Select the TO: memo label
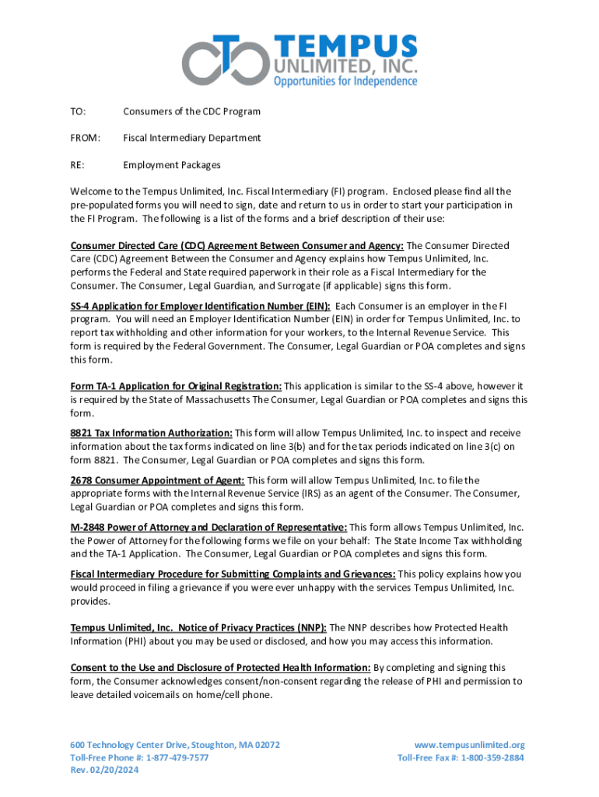pyautogui.click(x=78, y=111)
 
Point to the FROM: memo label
pyautogui.click(x=85, y=138)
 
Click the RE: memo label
pyautogui.click(x=78, y=165)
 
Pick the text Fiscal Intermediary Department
pyautogui.click(x=191, y=138)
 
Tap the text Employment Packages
pyautogui.click(x=171, y=165)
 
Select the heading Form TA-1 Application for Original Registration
pyautogui.click(x=176, y=386)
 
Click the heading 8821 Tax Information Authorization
pyautogui.click(x=152, y=433)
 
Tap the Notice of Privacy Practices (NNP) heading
pyautogui.click(x=198, y=627)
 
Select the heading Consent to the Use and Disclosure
pyautogui.click(x=220, y=668)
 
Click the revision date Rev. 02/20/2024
pyautogui.click(x=103, y=771)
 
